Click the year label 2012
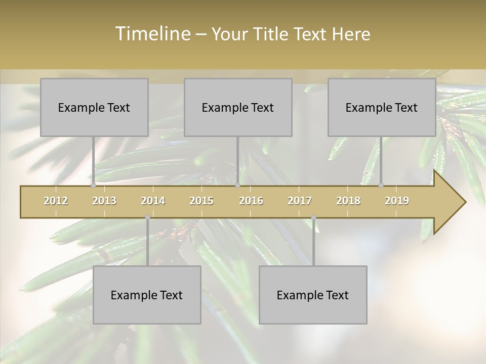tap(56, 201)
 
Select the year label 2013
tap(104, 201)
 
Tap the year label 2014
tap(153, 201)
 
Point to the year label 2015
tap(201, 201)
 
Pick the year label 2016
tap(251, 201)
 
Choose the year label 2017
tap(300, 201)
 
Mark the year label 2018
tap(348, 201)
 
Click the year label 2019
tap(397, 201)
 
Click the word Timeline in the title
tap(152, 34)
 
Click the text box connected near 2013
tap(94, 107)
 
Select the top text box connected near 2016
tap(238, 107)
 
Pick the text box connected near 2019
tap(382, 107)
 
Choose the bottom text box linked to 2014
tap(147, 295)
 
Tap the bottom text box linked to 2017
tap(313, 295)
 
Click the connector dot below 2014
tap(147, 217)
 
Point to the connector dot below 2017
tap(313, 217)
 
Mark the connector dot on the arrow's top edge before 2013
tap(93, 186)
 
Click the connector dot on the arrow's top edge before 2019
tap(381, 186)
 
